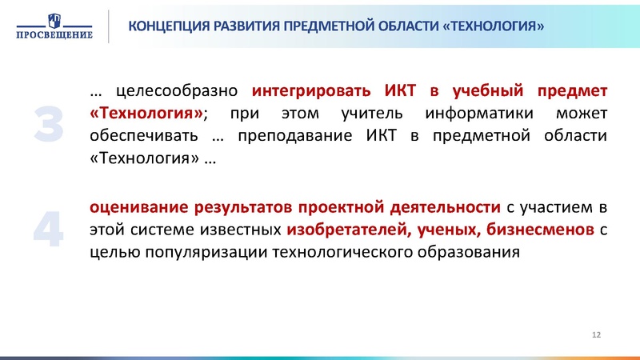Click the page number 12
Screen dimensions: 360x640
595,333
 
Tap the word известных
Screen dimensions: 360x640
239,230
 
